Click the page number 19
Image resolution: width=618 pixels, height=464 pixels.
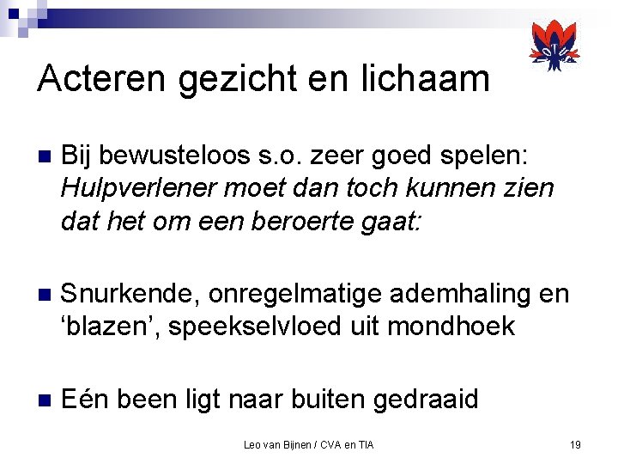click(575, 444)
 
